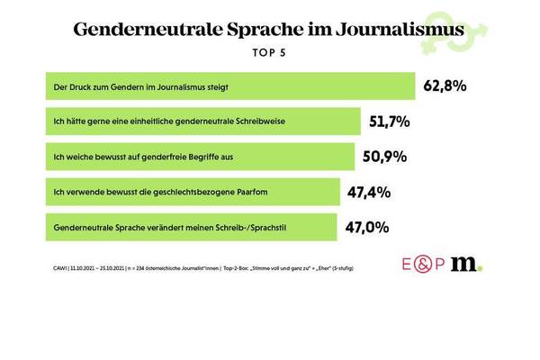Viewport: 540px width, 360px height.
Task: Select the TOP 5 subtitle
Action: coord(270,51)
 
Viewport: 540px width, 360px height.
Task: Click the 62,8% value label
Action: coord(447,86)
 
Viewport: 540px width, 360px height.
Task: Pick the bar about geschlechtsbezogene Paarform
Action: coord(190,191)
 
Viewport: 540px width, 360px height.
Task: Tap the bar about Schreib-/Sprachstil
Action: coord(188,225)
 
